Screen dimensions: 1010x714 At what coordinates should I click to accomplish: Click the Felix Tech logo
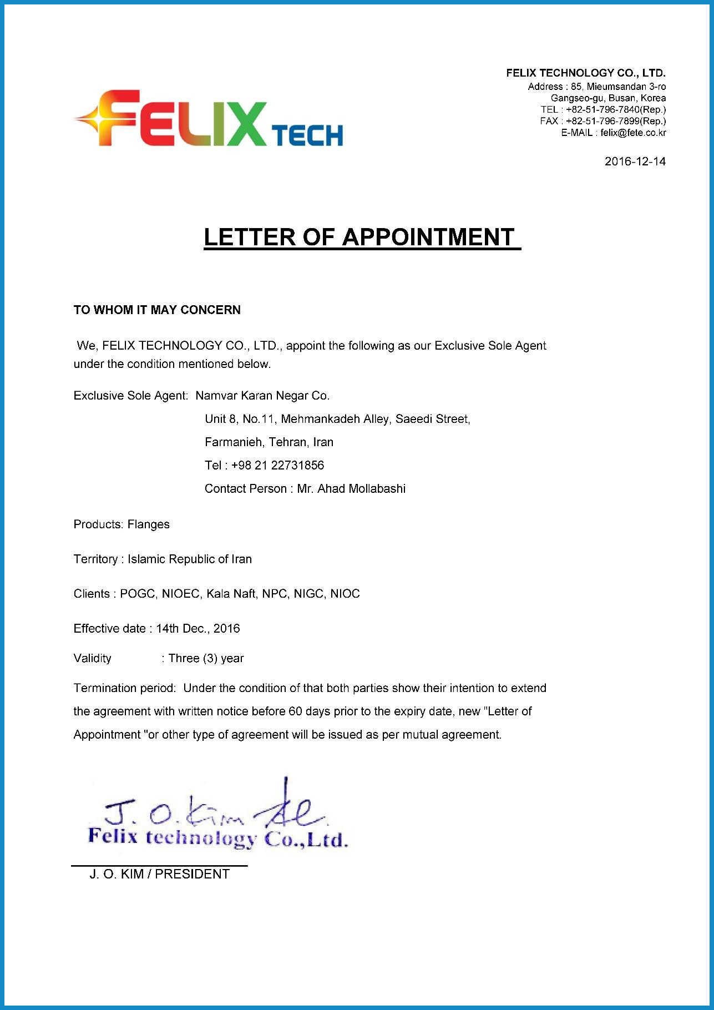[208, 119]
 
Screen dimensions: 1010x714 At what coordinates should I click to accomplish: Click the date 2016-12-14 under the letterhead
[635, 161]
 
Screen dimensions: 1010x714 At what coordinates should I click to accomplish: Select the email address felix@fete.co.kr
[633, 133]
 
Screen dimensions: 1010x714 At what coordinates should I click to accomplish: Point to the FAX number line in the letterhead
[602, 121]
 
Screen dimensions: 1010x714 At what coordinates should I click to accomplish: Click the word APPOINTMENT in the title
[428, 237]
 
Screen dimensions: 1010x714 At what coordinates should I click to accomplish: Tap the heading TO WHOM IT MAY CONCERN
[157, 310]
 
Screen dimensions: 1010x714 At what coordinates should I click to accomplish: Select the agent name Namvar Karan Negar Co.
[262, 396]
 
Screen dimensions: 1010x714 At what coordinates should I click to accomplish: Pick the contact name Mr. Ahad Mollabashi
[351, 488]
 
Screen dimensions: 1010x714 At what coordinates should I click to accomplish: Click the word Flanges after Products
[148, 524]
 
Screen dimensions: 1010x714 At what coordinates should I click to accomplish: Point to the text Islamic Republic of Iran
[190, 559]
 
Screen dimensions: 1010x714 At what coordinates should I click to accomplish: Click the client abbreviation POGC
[139, 594]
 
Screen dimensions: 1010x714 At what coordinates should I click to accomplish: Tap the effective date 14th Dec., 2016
[198, 628]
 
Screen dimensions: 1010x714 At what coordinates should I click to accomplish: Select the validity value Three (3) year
[206, 658]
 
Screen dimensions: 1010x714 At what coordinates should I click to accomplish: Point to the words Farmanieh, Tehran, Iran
[269, 442]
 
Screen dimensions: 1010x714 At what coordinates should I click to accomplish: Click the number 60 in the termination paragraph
[295, 711]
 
